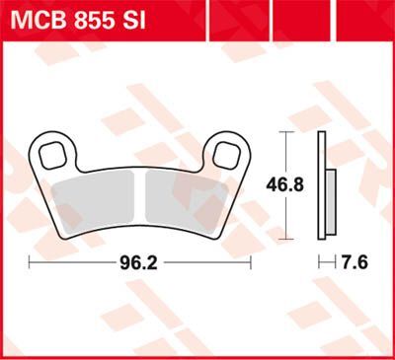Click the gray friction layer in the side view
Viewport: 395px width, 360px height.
coord(328,193)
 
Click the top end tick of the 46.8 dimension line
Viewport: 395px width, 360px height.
coord(285,129)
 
